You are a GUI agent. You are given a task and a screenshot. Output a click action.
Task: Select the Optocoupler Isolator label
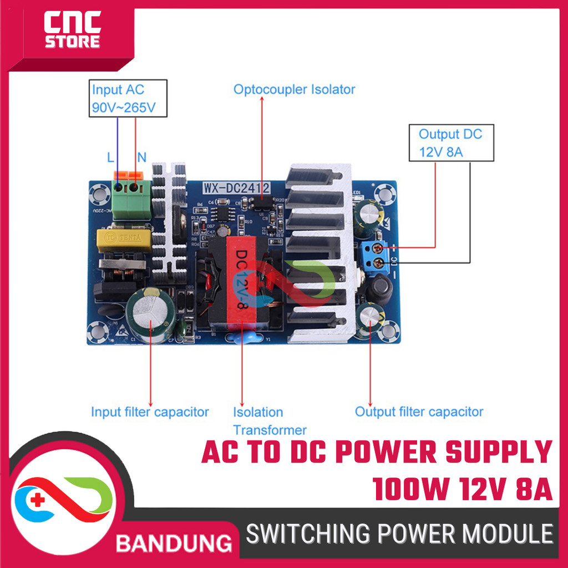pyautogui.click(x=294, y=89)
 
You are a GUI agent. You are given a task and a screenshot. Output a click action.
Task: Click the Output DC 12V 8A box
pyautogui.click(x=450, y=143)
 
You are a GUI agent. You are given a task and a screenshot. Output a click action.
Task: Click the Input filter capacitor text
pyautogui.click(x=150, y=412)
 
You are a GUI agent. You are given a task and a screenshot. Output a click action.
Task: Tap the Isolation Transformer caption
pyautogui.click(x=269, y=421)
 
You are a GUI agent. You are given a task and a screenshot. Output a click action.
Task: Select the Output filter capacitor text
pyautogui.click(x=419, y=412)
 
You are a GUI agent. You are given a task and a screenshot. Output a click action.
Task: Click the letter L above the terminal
pyautogui.click(x=110, y=158)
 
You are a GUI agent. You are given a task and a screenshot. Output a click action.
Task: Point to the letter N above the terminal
pyautogui.click(x=141, y=158)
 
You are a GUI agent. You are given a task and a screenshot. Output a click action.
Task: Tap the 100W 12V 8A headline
pyautogui.click(x=463, y=490)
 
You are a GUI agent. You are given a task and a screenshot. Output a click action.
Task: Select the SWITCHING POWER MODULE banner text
pyautogui.click(x=399, y=535)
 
